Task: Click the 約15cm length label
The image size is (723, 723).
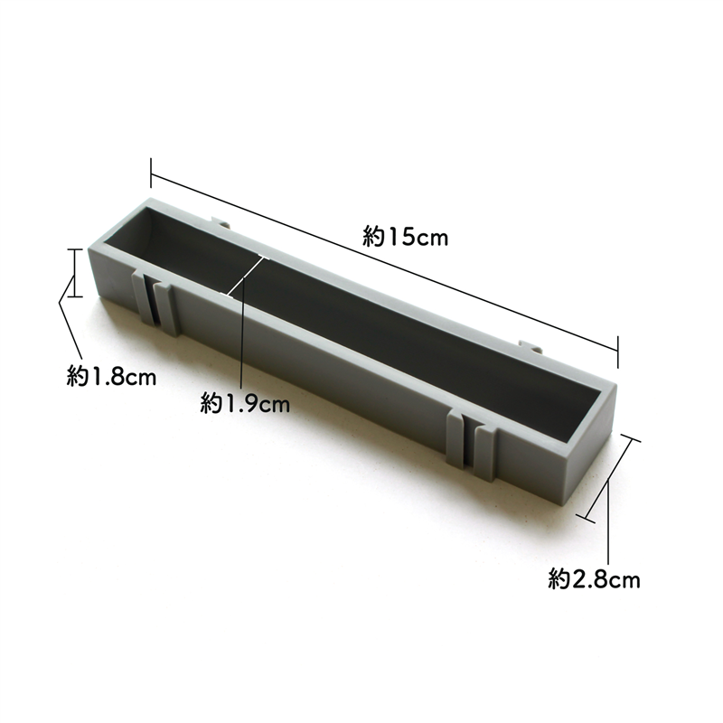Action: coord(406,238)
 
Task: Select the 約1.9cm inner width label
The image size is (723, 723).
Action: coord(245,404)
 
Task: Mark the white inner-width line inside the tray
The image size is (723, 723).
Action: coord(249,276)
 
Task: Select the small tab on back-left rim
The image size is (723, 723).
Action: coord(219,220)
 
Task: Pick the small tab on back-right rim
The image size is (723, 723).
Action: coord(530,345)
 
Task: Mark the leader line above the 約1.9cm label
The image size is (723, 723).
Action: coord(243,343)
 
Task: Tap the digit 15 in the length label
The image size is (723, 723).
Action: coord(400,238)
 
